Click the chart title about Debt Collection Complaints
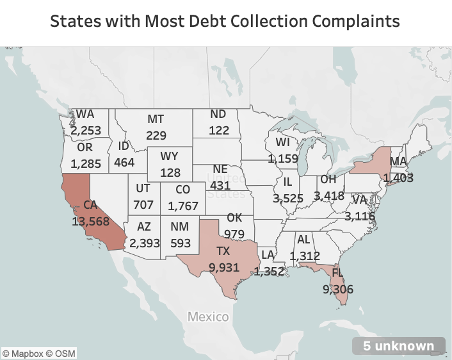pos(225,21)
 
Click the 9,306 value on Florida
pos(338,289)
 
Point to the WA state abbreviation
pos(85,114)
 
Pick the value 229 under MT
pos(156,135)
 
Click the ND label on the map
pos(218,114)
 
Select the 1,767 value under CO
pos(183,206)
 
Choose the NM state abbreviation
pos(179,226)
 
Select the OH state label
pos(327,179)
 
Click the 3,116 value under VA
pos(360,217)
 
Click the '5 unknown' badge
pos(398,346)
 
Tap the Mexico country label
pos(208,316)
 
